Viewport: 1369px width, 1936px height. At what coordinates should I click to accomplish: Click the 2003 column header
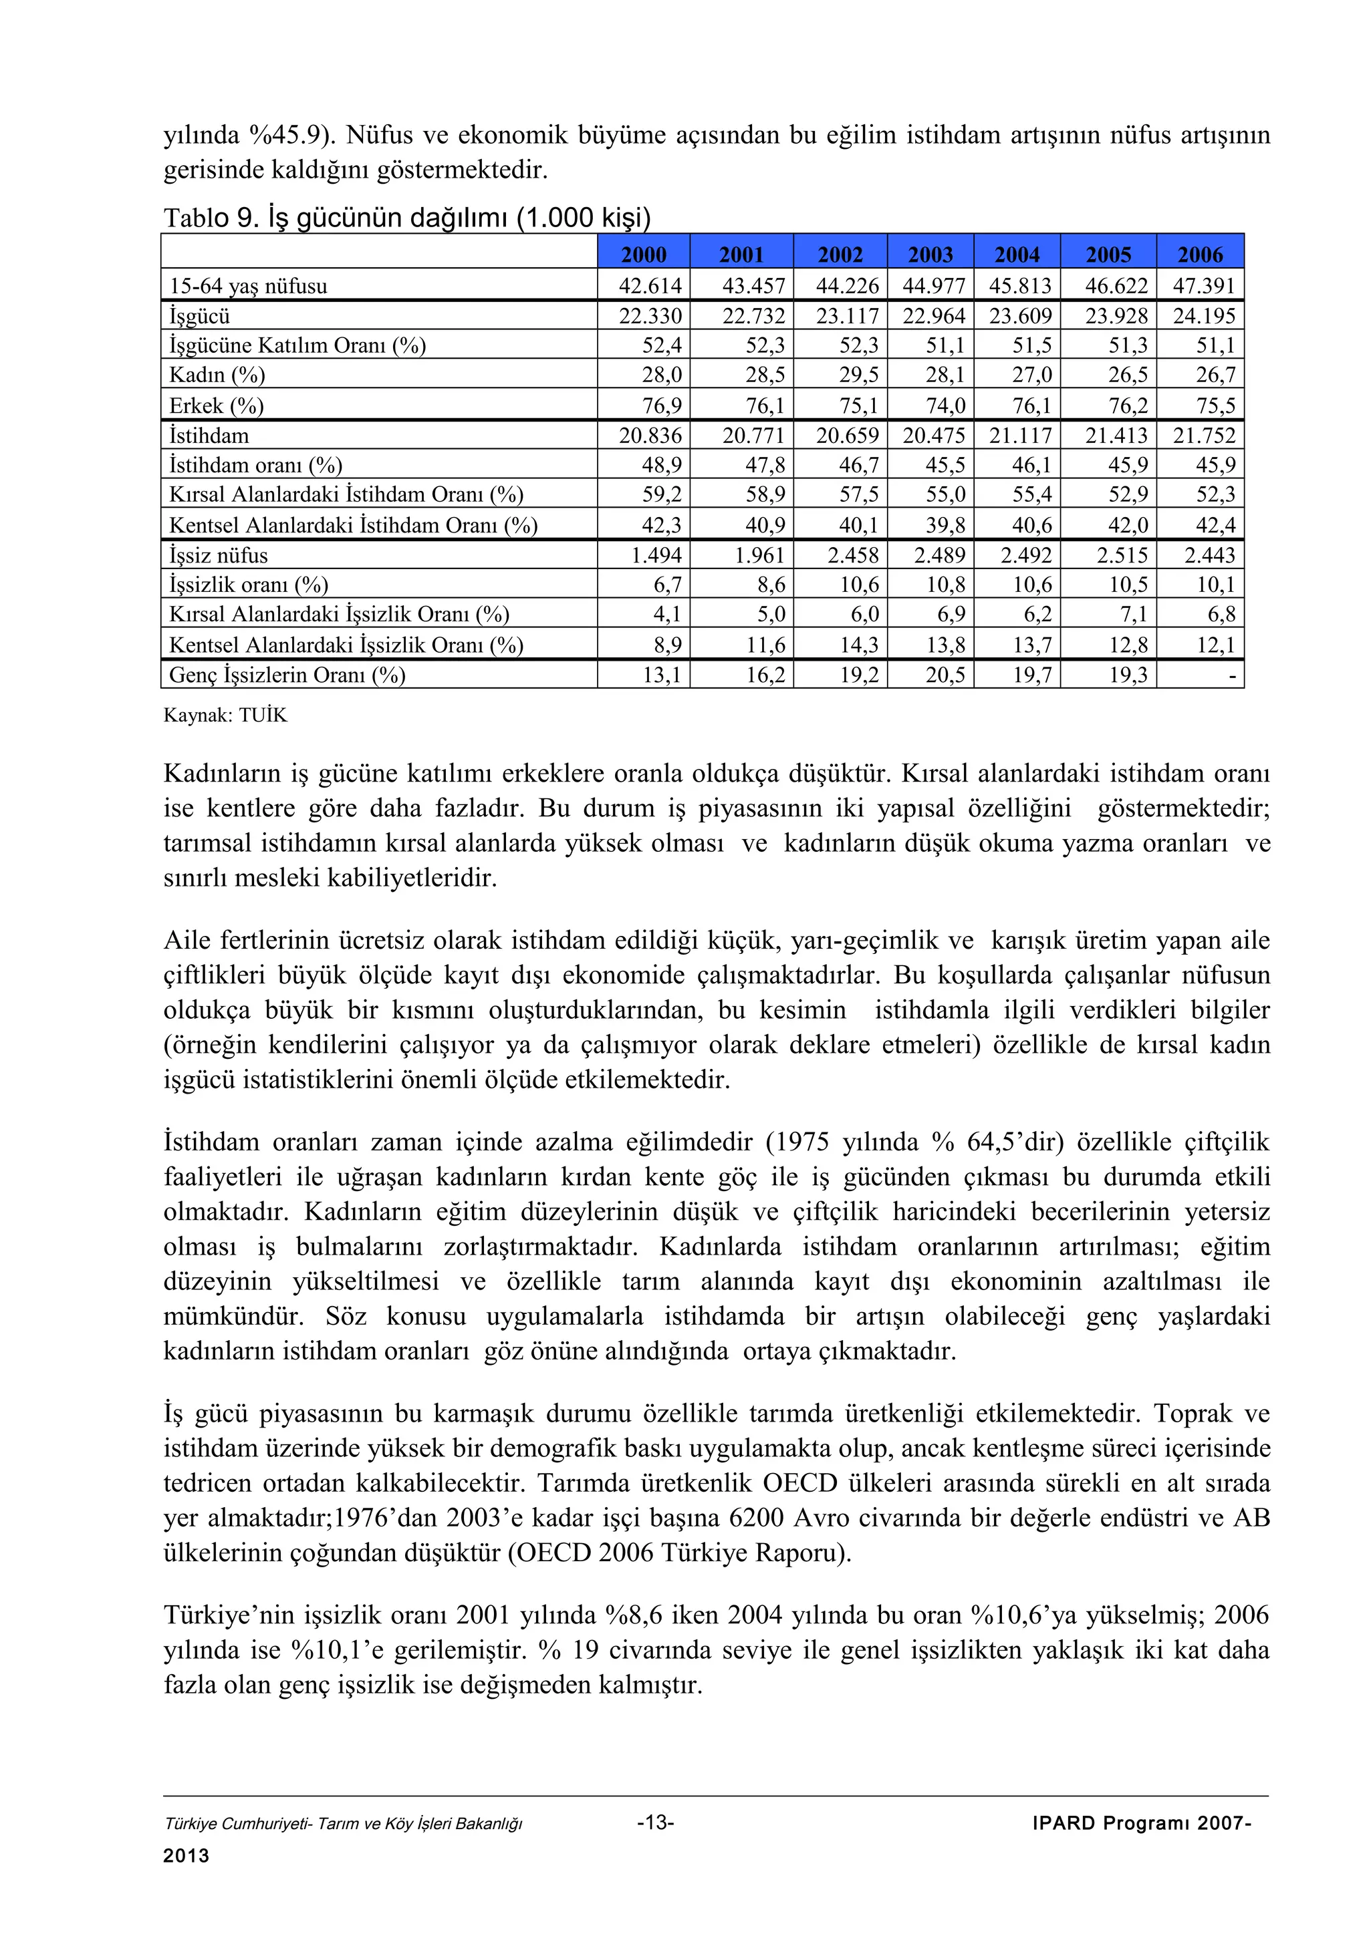930,254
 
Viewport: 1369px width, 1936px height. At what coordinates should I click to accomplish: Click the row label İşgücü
200,316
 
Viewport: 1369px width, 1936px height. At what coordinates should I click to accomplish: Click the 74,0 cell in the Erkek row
945,406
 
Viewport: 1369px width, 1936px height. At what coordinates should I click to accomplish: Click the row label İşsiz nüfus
219,556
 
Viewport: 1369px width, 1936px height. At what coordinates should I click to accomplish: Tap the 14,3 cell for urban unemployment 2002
860,645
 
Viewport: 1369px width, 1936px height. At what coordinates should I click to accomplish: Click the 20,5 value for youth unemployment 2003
945,675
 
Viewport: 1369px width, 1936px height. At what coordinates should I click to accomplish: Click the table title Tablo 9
211,218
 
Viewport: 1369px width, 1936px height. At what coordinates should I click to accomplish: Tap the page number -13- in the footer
655,1823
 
